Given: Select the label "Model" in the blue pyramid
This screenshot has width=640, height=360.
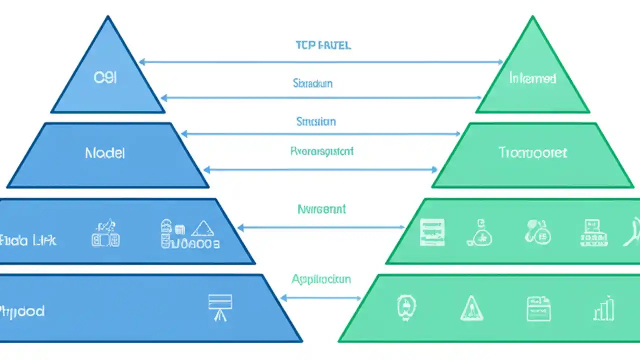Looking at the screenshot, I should [105, 153].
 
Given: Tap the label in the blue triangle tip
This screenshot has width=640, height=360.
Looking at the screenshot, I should [105, 78].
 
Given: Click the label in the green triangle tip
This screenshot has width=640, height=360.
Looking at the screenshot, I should [532, 78].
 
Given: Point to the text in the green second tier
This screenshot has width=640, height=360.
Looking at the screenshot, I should [532, 152].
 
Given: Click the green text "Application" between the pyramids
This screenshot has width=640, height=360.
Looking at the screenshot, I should [321, 279].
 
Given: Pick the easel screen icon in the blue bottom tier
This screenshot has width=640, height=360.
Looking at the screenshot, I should [220, 306].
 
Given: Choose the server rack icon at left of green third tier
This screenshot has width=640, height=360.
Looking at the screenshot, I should [432, 232].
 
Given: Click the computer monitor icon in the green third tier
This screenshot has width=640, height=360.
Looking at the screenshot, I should [593, 232].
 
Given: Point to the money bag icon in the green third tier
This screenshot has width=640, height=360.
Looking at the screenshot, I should [480, 233].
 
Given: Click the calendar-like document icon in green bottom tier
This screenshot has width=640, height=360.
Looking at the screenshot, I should [538, 308].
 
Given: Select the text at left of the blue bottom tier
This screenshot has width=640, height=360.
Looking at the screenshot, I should [22, 311].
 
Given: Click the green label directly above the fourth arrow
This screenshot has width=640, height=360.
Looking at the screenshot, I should [321, 151].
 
